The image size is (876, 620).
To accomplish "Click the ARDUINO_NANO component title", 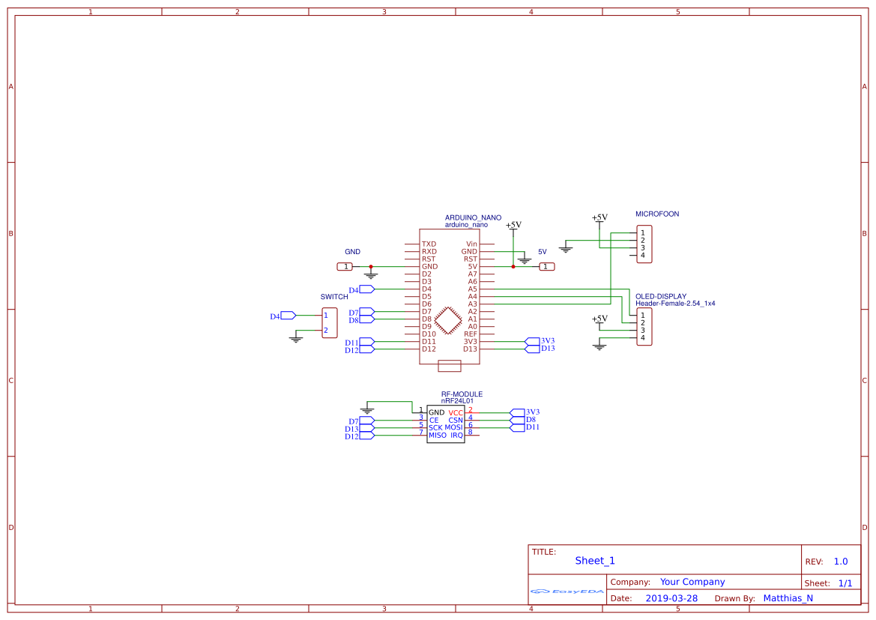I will tap(473, 217).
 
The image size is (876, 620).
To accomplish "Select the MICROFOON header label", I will tap(657, 214).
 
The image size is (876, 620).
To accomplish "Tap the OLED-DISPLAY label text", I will tap(661, 296).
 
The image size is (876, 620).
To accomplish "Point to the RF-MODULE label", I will tap(462, 394).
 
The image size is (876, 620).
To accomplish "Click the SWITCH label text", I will tap(334, 297).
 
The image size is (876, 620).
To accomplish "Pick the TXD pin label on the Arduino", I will tap(429, 244).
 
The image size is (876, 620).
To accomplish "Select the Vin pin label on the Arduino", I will tap(471, 244).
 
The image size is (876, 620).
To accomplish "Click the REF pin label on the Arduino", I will tap(470, 334).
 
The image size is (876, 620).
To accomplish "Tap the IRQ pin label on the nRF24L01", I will tap(456, 436).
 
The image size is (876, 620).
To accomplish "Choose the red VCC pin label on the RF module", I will tap(456, 413).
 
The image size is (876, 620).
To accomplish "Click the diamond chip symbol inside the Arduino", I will tap(448, 319).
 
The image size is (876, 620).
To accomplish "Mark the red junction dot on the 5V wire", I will tap(513, 266).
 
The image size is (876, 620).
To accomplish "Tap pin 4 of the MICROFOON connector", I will tap(642, 256).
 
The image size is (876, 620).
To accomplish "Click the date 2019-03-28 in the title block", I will tap(671, 598).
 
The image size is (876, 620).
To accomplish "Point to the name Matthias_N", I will tap(788, 598).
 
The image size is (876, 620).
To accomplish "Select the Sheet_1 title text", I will tap(595, 561).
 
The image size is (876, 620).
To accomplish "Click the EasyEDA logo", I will tap(567, 592).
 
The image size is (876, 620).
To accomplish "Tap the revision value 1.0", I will tap(841, 562).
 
